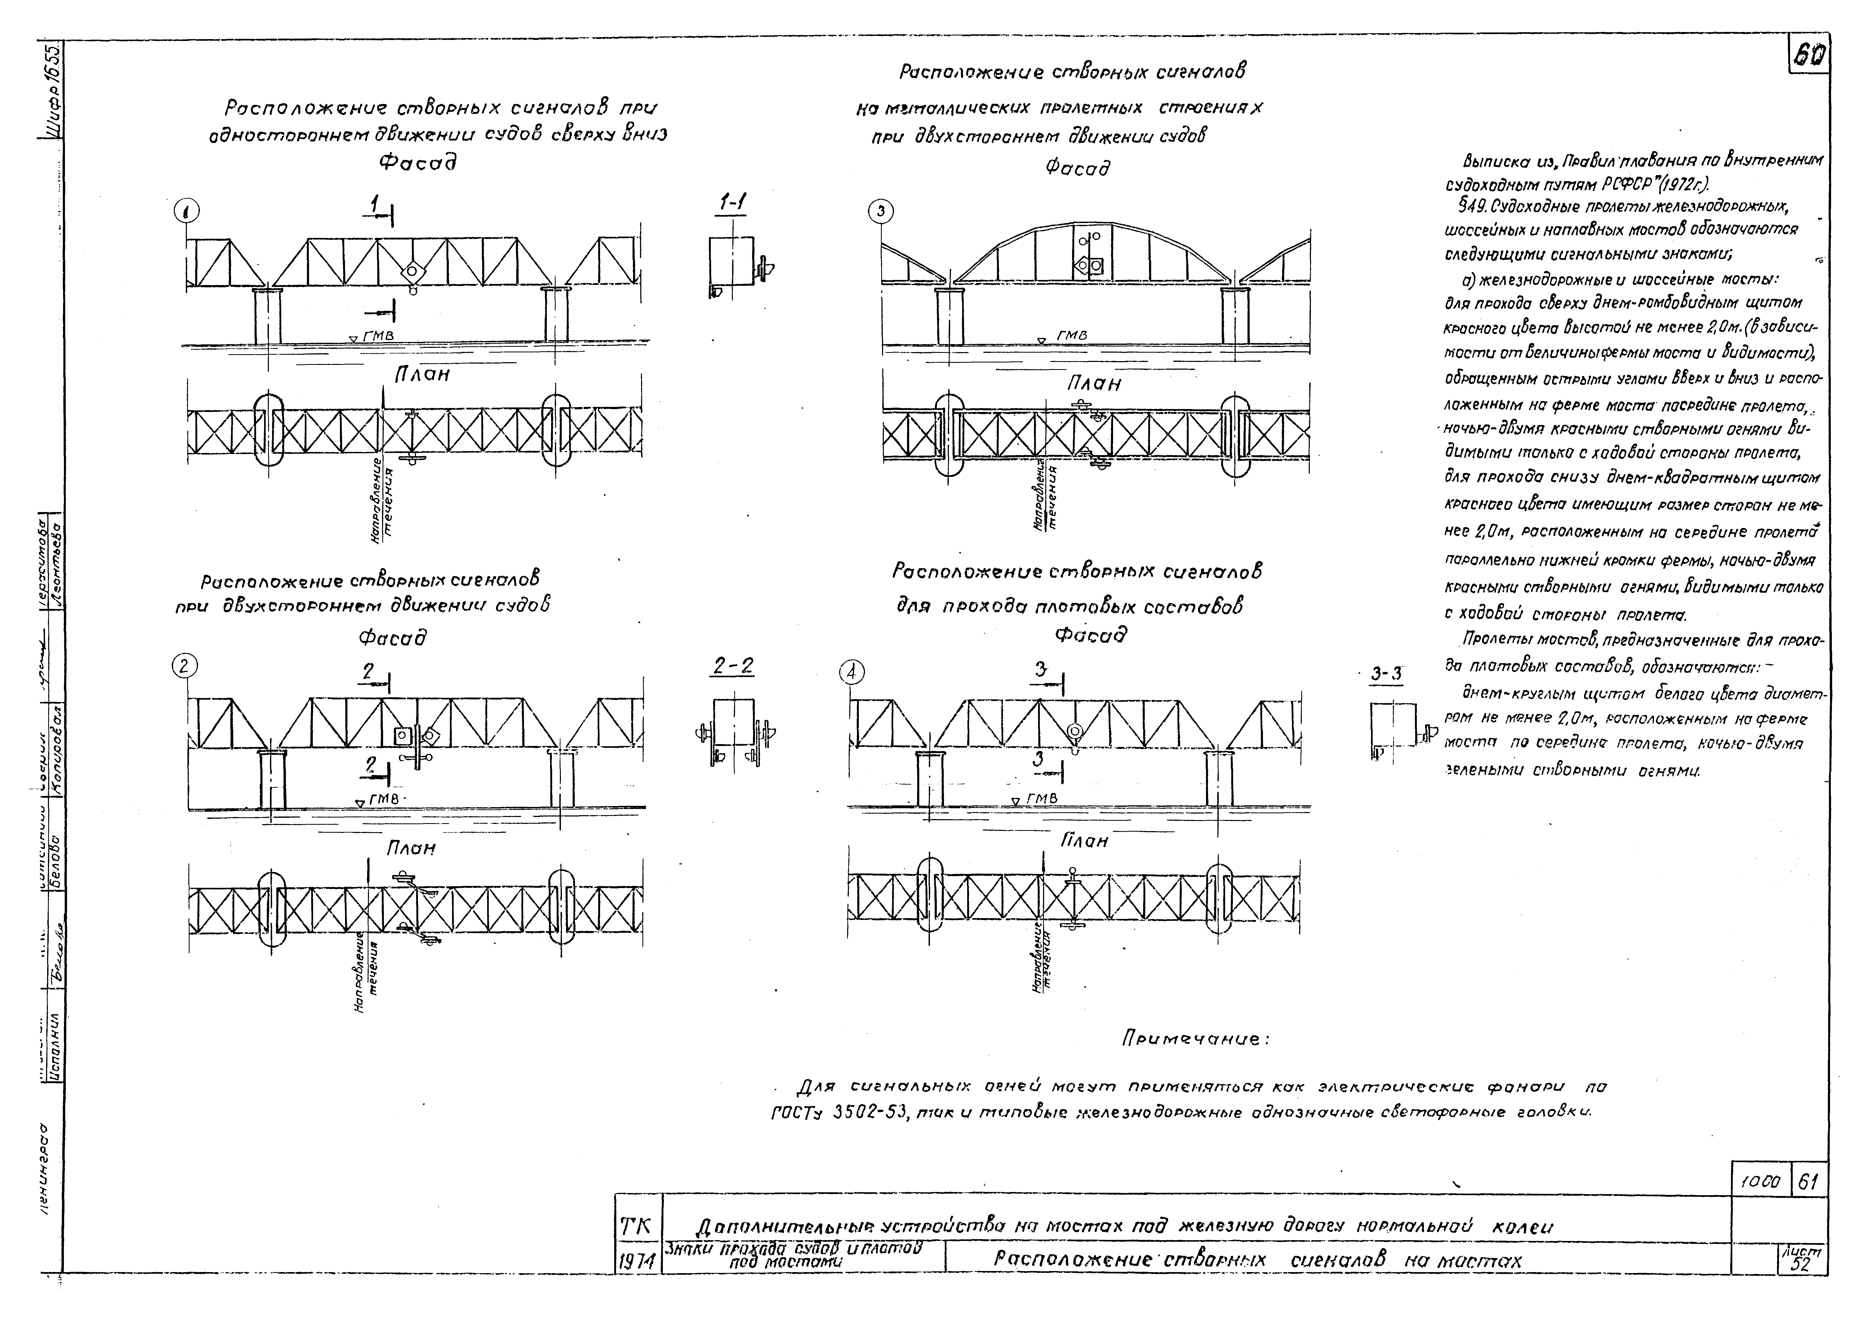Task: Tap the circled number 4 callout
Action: tap(852, 672)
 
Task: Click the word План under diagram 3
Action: tap(1094, 383)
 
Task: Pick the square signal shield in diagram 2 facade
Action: tap(402, 736)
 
